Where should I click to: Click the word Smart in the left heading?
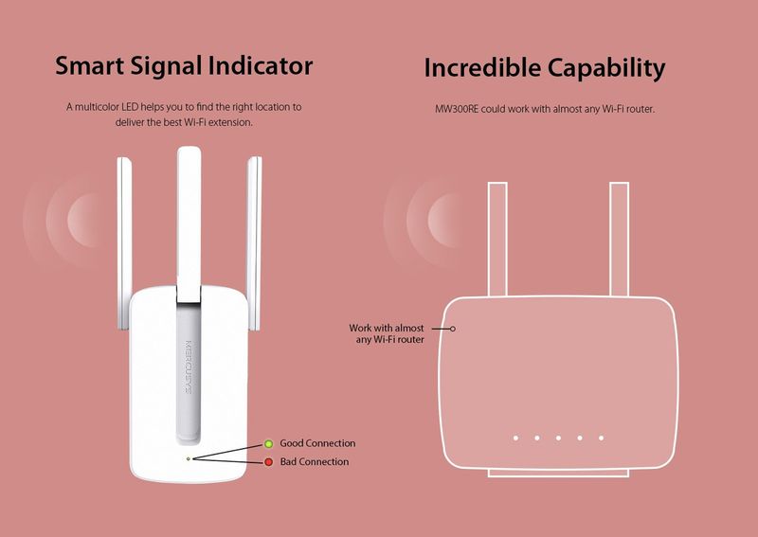click(89, 65)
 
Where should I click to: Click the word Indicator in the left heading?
click(260, 65)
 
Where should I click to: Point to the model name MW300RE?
click(457, 109)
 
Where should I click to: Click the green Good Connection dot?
click(268, 444)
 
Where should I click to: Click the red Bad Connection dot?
click(268, 462)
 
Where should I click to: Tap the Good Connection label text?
click(317, 443)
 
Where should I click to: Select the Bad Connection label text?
click(315, 461)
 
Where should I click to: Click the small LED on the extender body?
click(188, 458)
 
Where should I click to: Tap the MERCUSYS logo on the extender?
click(188, 367)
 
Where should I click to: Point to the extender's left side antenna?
click(124, 243)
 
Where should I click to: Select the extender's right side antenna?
click(254, 243)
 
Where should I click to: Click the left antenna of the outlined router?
click(497, 240)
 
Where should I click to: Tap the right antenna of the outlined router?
click(620, 240)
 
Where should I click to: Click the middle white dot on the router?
click(558, 438)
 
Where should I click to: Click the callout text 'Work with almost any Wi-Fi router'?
click(387, 333)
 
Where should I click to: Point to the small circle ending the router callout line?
click(453, 329)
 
